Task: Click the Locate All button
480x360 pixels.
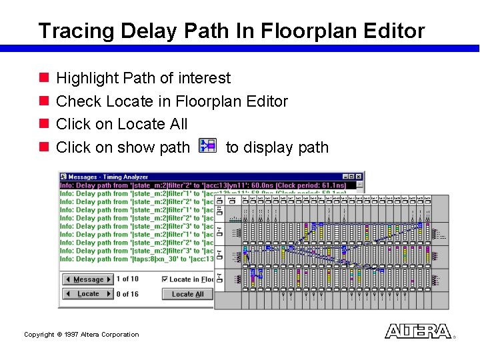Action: (x=187, y=294)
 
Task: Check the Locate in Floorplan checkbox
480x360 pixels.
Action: (x=165, y=279)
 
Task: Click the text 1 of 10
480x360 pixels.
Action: (x=127, y=279)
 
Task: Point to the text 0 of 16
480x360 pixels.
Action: (x=127, y=294)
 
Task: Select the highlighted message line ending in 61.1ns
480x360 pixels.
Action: (x=212, y=185)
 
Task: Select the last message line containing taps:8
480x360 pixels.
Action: (x=137, y=259)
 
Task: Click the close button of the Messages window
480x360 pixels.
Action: (x=360, y=177)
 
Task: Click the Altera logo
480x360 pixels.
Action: (x=418, y=331)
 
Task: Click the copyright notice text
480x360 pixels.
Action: (x=81, y=335)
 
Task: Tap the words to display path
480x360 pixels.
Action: (x=277, y=147)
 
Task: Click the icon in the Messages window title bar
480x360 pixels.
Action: (x=64, y=177)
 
